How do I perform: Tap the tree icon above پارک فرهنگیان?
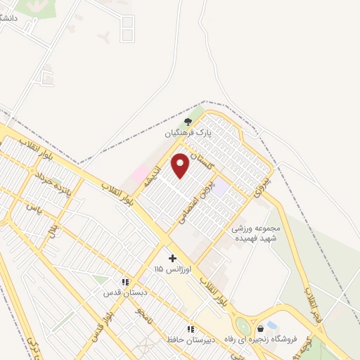pos(187,121)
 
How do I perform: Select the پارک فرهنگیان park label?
pos(188,132)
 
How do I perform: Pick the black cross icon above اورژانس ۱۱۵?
pos(173,258)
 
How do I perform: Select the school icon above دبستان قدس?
pos(124,282)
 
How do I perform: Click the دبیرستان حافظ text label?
pos(186,339)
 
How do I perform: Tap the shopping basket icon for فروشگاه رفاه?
pos(261,328)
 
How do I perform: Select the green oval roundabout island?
pos(243,326)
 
